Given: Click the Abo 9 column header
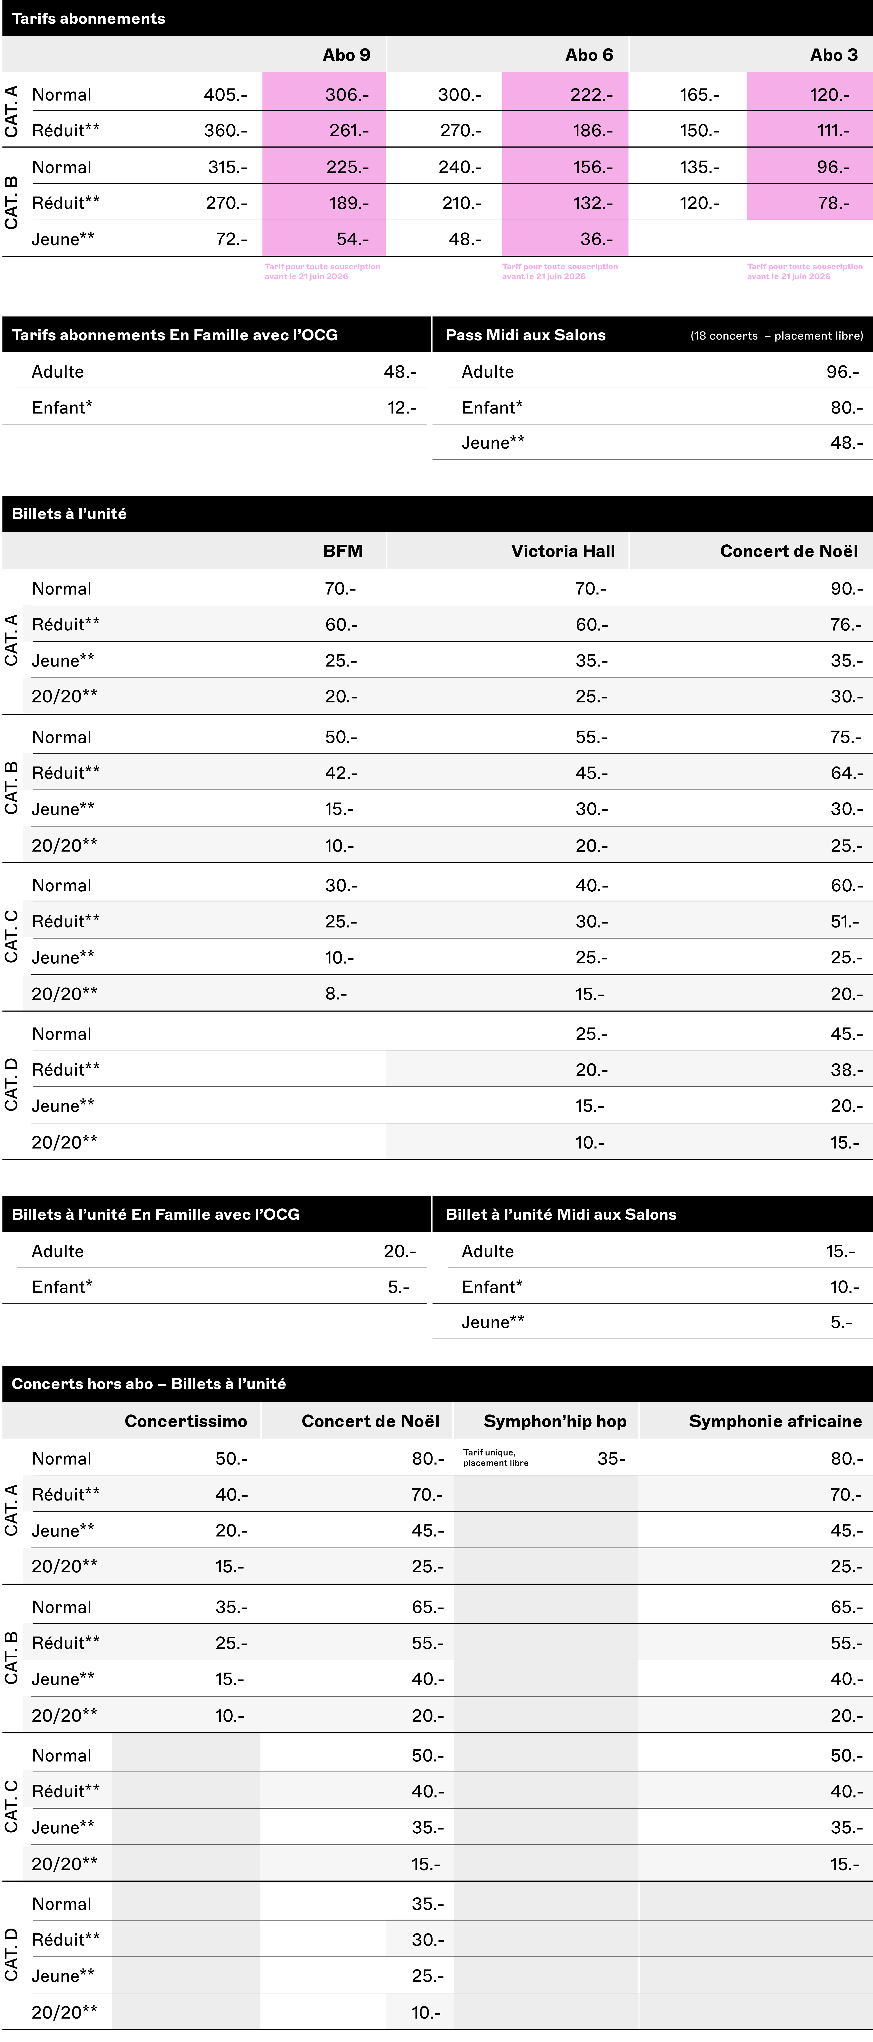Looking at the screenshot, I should point(346,55).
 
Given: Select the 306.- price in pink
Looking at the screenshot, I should point(347,94).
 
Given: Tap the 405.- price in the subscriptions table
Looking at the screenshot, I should point(225,94).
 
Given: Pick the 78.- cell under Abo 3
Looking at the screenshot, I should point(833,203).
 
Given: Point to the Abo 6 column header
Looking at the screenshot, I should point(589,55).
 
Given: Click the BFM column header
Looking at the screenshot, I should point(342,551).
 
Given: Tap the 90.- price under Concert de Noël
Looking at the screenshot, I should point(846,588).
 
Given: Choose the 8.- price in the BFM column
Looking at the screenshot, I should point(336,993).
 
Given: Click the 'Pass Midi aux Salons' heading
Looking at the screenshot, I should point(525,335).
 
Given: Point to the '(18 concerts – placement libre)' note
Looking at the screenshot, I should point(776,335).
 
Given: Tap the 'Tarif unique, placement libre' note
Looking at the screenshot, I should point(496,1458).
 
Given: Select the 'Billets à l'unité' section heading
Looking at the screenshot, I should point(69,514).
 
